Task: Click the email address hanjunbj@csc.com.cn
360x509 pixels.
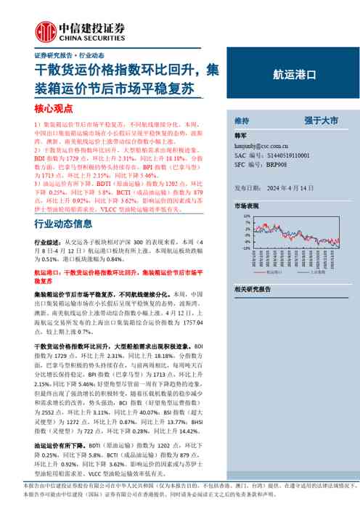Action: point(266,146)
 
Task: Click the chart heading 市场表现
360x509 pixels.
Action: point(246,206)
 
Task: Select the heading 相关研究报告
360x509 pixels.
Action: point(252,289)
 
